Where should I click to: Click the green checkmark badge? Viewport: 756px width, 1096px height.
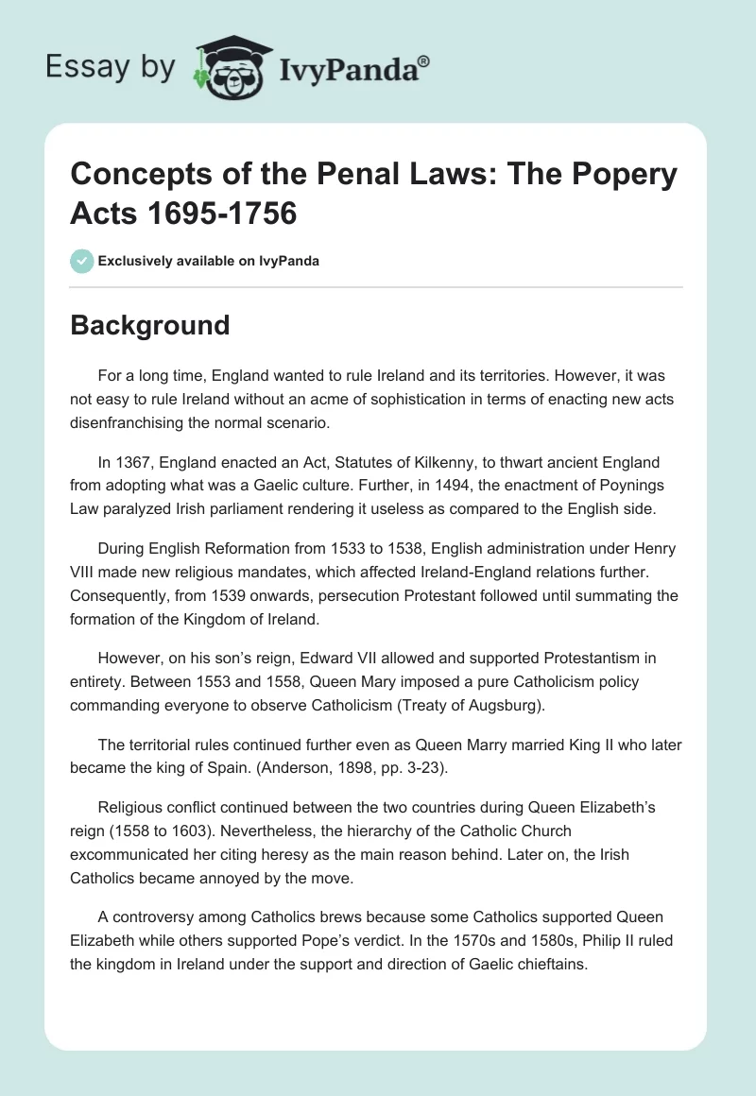[x=82, y=261]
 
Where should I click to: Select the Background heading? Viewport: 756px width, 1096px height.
[x=150, y=325]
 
